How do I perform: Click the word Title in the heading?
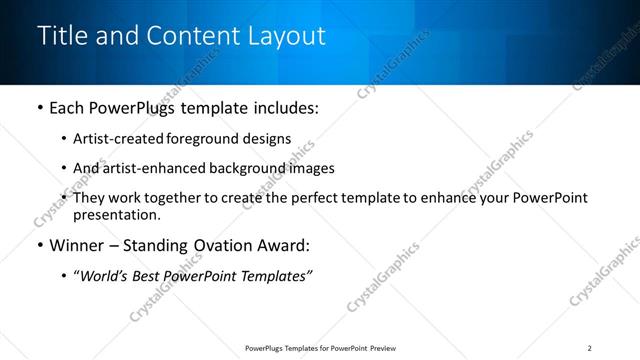coord(62,35)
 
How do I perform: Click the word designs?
coord(268,139)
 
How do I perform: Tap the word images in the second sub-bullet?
coord(312,168)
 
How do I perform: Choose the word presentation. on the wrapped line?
coord(116,215)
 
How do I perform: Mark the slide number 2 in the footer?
coord(589,348)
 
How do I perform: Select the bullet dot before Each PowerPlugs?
coord(39,108)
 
